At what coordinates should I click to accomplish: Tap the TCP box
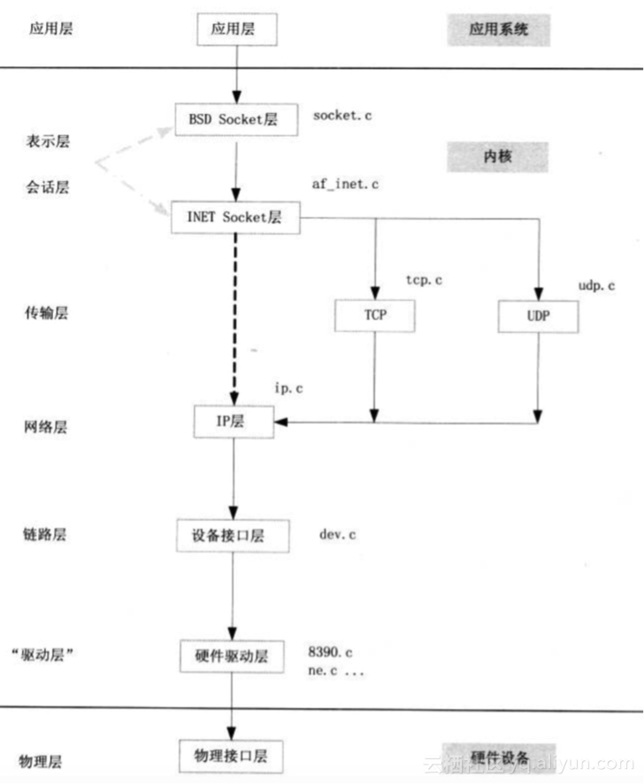coord(374,316)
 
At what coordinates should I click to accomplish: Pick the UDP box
coord(538,316)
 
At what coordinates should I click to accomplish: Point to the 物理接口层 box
coord(232,757)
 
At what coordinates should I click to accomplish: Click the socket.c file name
coord(342,116)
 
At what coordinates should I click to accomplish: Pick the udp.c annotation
coord(595,285)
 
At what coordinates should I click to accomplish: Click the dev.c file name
coord(338,535)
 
